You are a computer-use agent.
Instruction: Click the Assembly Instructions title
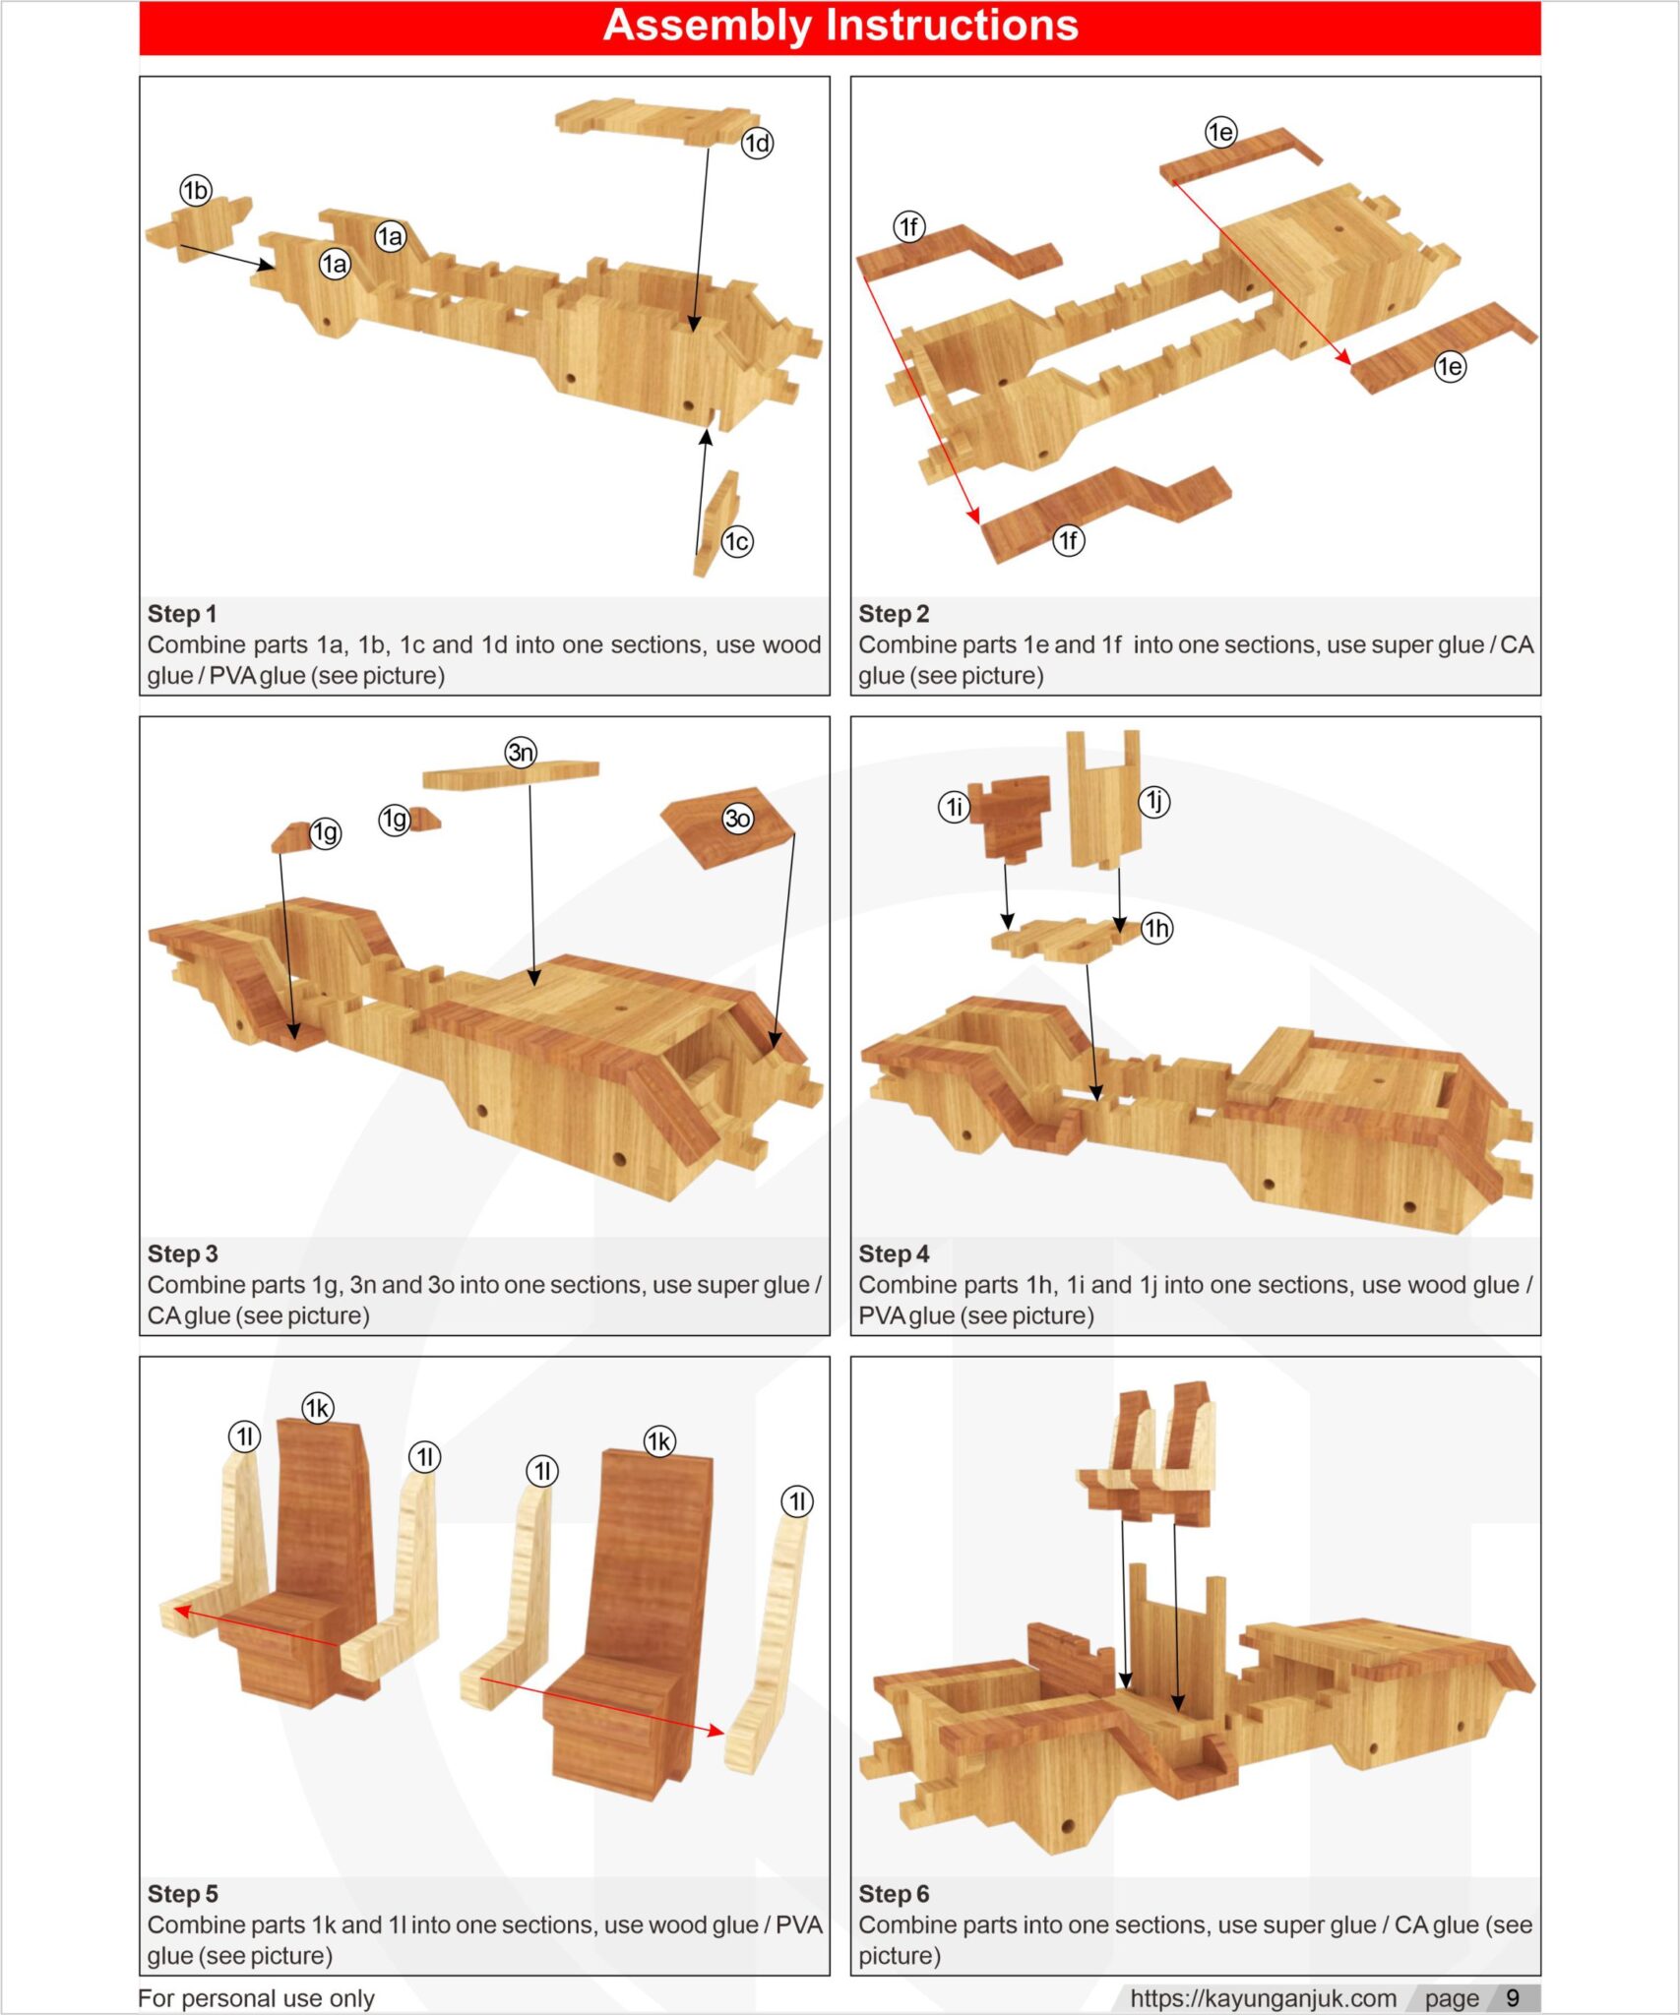pos(840,27)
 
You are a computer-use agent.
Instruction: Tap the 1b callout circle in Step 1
pos(196,190)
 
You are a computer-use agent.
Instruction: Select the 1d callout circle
pos(757,144)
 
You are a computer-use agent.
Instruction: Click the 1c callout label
pos(736,541)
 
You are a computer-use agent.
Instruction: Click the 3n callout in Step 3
pos(521,753)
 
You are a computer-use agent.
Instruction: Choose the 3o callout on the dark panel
pos(737,818)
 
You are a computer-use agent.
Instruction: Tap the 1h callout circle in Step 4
pos(1156,928)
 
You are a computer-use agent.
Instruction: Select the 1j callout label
pos(1154,802)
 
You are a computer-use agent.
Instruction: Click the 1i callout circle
pos(953,808)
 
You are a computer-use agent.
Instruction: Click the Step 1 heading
pos(182,614)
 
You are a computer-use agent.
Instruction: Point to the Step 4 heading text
pos(893,1253)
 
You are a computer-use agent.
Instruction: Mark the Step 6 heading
pos(893,1893)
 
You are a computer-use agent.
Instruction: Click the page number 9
pos(1513,1998)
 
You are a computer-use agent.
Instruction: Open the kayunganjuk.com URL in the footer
pos(1263,1998)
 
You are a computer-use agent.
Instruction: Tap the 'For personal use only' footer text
pos(256,1998)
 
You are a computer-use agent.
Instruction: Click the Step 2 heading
pos(893,614)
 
